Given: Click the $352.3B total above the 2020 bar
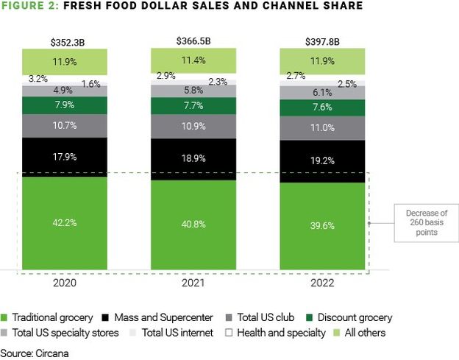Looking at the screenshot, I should [x=65, y=41].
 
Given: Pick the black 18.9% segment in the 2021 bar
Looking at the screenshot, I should [x=194, y=158].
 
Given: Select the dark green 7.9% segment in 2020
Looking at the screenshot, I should [x=65, y=106].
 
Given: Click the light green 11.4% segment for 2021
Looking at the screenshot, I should [x=194, y=60].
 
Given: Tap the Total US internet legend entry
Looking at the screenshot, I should [x=172, y=333].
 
